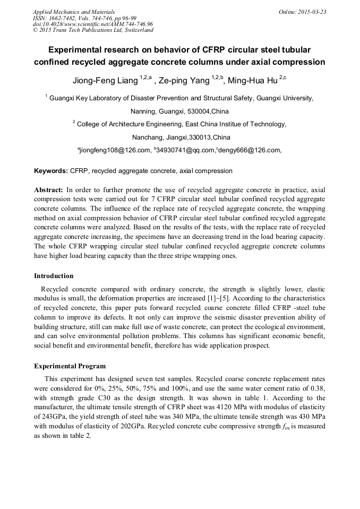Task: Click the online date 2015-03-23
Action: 310,11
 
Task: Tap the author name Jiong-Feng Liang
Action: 105,81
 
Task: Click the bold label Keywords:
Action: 51,171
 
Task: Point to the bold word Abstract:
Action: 49,189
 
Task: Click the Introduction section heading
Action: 54,276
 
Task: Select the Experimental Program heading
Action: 70,366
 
